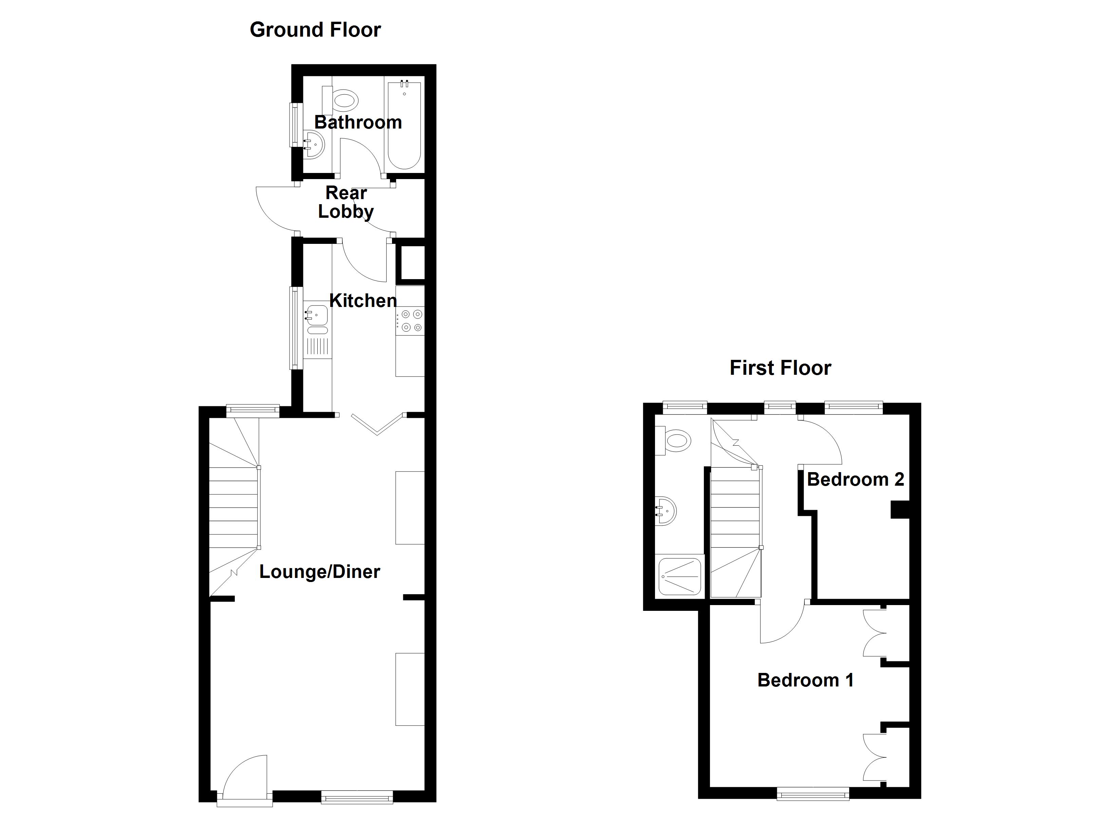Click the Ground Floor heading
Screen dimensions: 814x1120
pos(315,30)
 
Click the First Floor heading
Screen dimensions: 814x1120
pos(780,368)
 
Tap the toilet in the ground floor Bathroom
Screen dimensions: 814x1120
pos(344,101)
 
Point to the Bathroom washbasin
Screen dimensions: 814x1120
pos(313,144)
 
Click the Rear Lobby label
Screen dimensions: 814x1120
pos(346,202)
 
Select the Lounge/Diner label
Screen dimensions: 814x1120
pos(319,571)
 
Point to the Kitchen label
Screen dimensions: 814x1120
pos(362,301)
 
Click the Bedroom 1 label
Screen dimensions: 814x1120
pos(805,680)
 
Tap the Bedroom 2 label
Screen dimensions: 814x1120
pos(855,479)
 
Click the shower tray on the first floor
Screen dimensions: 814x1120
pos(680,576)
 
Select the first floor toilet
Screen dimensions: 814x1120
pos(676,440)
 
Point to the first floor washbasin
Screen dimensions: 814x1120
pos(666,511)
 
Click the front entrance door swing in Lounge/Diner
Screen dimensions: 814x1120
pos(244,778)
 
